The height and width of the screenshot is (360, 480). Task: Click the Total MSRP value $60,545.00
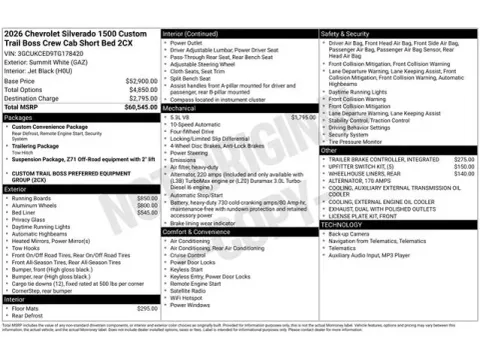point(139,106)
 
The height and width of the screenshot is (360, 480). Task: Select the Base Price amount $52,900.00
point(141,80)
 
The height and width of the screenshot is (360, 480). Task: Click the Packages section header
point(20,117)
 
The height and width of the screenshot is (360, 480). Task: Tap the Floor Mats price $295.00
point(147,308)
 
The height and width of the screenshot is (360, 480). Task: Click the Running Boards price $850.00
point(147,198)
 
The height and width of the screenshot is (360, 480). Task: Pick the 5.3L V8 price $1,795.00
point(304,117)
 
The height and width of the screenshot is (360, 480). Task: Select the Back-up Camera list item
point(352,234)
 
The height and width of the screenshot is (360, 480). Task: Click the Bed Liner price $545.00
point(147,212)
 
